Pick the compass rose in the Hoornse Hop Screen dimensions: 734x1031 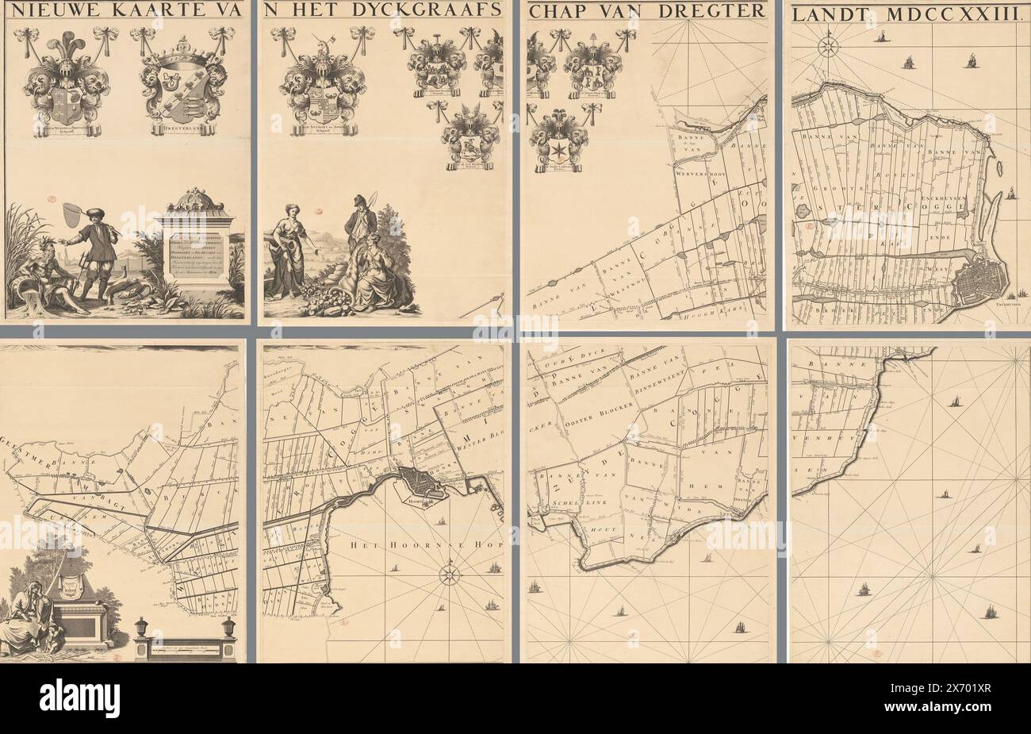click(x=450, y=574)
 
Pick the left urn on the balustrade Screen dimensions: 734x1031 click(x=142, y=628)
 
